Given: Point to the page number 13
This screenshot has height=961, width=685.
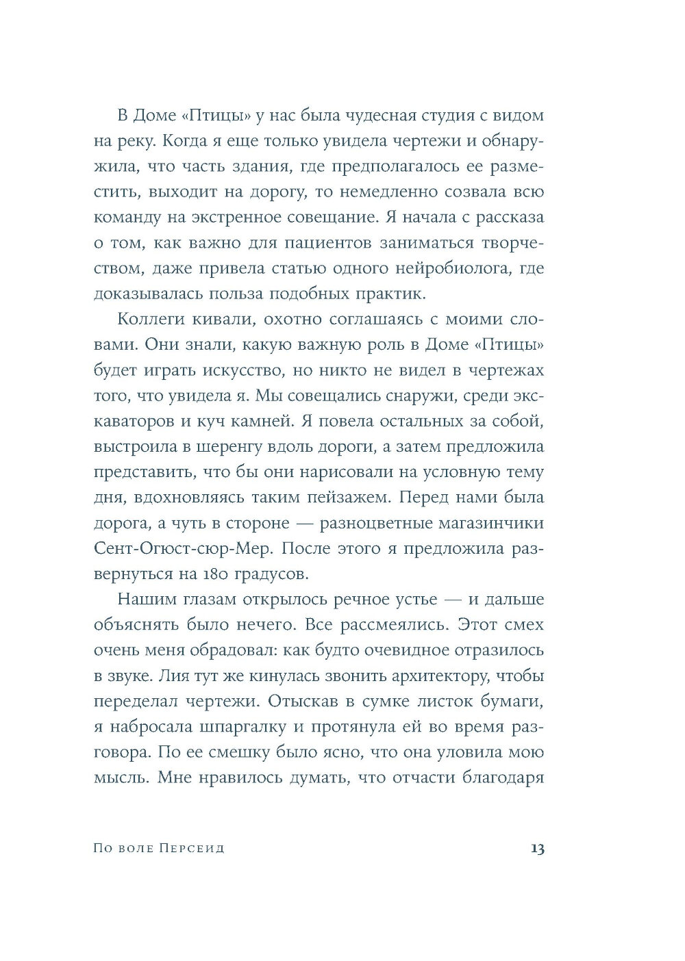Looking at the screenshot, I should (x=536, y=849).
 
